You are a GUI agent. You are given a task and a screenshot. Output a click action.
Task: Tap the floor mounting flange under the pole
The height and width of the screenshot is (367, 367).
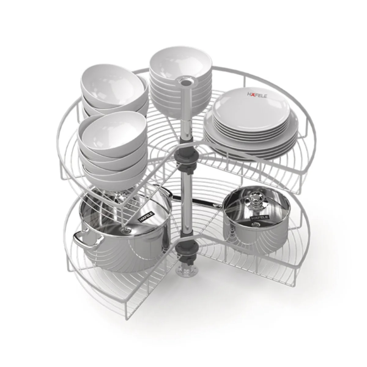(x=185, y=272)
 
